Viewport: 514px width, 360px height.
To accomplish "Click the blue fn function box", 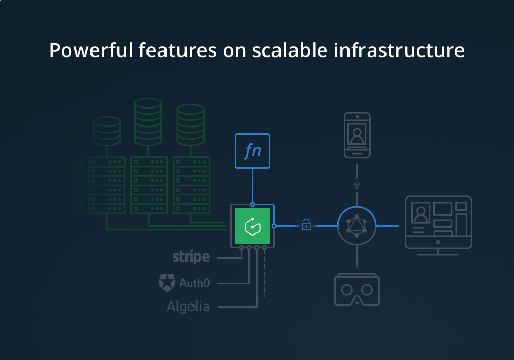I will [252, 151].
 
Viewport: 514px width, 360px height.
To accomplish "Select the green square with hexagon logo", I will [252, 226].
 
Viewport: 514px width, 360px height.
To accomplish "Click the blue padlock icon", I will [306, 225].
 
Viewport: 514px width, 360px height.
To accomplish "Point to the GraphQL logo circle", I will [357, 226].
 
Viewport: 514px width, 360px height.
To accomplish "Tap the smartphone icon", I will [357, 135].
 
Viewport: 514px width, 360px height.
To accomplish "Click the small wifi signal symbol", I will [357, 185].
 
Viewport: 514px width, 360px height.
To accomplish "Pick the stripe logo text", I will [191, 257].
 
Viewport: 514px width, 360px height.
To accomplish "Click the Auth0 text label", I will [194, 282].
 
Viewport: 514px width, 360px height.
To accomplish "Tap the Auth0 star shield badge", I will [167, 282].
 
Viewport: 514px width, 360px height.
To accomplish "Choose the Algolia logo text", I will [188, 307].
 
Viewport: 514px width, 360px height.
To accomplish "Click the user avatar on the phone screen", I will [357, 135].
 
